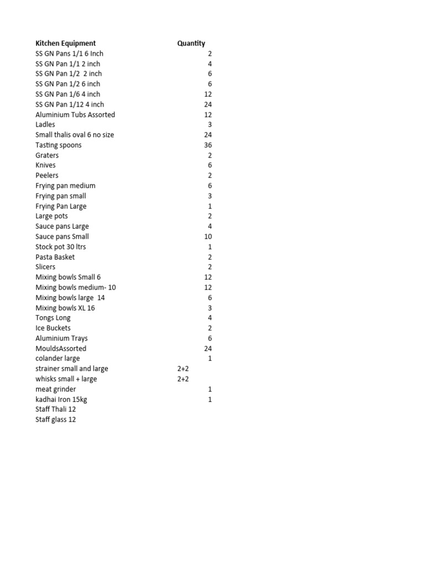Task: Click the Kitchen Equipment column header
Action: click(65, 43)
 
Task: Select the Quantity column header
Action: click(191, 43)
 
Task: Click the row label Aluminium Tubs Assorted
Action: click(75, 114)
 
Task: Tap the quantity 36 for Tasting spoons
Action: click(208, 145)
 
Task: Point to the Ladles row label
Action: click(45, 124)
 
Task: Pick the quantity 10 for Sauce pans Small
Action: click(208, 237)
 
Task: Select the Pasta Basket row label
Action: click(55, 257)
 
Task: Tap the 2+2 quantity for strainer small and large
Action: click(183, 369)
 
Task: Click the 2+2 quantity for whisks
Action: click(183, 379)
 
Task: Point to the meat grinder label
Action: click(55, 389)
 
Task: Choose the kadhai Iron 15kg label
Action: click(61, 399)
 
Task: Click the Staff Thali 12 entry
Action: click(55, 410)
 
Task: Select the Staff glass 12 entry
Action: click(55, 420)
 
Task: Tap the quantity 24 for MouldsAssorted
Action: click(208, 349)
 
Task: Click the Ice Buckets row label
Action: click(53, 328)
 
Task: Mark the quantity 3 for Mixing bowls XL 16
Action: click(210, 308)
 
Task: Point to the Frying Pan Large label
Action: click(61, 206)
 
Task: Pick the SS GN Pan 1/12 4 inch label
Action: click(70, 104)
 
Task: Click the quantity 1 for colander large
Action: click(210, 359)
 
